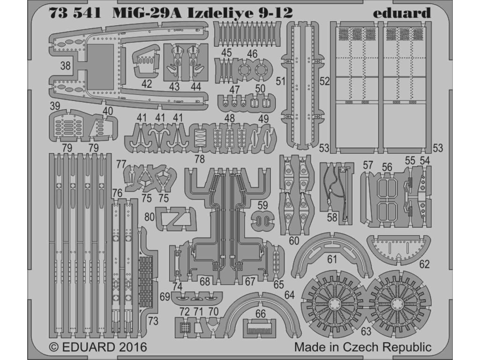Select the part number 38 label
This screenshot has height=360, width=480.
point(65,67)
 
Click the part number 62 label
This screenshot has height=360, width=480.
point(424,264)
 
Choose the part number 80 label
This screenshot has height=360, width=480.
point(150,218)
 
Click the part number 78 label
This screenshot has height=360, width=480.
point(200,159)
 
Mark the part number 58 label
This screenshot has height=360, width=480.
point(332,217)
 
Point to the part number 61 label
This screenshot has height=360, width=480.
point(332,259)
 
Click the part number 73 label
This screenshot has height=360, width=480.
point(152,321)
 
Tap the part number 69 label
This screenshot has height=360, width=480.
point(165,297)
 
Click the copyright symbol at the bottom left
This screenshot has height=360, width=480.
point(54,348)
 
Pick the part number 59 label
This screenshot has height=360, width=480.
point(262,205)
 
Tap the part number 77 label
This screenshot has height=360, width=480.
point(121,164)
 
